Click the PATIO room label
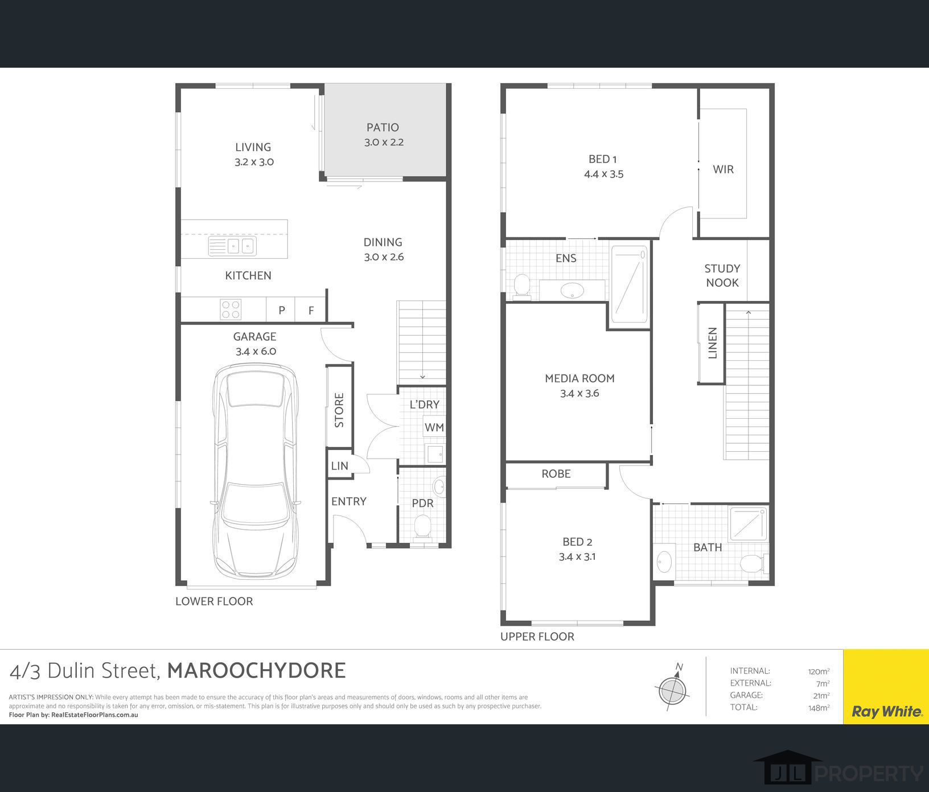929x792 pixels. click(x=383, y=127)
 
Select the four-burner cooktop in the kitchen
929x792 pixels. click(x=231, y=310)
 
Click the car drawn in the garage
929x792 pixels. click(x=255, y=472)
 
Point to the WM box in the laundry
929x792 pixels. click(x=434, y=427)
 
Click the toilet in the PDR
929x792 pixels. click(x=422, y=526)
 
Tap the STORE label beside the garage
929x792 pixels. click(x=339, y=410)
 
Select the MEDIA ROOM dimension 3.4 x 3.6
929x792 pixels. click(x=579, y=393)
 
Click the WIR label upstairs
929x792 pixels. click(x=723, y=170)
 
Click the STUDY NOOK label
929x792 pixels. click(x=722, y=275)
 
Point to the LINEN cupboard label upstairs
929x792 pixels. click(x=712, y=343)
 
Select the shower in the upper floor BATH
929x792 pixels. click(x=748, y=523)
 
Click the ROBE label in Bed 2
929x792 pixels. click(x=556, y=474)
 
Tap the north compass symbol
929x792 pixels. click(x=672, y=690)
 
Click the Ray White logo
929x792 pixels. click(x=886, y=711)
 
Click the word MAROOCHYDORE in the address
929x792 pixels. click(x=256, y=670)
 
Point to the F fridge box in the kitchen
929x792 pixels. click(x=311, y=311)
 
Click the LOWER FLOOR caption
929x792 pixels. click(x=214, y=601)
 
